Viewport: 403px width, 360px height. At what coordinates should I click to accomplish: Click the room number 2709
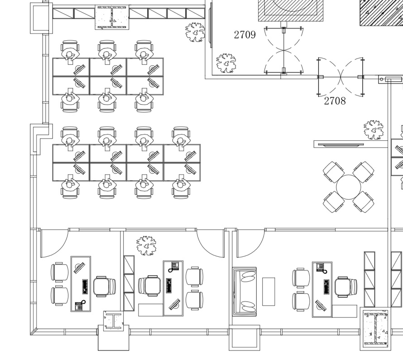[x=245, y=35]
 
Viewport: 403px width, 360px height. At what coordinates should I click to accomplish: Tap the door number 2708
[x=335, y=101]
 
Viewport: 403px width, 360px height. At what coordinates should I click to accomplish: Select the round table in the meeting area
[x=348, y=187]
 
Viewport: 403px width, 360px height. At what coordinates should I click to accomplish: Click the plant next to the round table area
[x=374, y=130]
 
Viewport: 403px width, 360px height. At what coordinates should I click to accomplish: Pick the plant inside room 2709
[x=226, y=63]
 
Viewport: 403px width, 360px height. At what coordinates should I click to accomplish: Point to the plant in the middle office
[x=146, y=245]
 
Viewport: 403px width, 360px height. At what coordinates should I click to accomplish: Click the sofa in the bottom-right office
[x=245, y=290]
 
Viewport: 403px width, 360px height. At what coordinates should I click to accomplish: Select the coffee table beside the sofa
[x=269, y=291]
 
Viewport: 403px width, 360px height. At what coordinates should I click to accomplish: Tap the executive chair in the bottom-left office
[x=105, y=287]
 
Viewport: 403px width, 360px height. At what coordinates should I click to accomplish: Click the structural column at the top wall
[x=112, y=18]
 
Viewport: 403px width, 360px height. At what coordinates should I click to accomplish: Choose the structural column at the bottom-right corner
[x=375, y=330]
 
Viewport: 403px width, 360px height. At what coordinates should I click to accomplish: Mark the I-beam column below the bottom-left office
[x=113, y=321]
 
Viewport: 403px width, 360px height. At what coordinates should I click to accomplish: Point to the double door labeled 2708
[x=341, y=77]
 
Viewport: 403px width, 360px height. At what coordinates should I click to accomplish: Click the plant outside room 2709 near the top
[x=195, y=33]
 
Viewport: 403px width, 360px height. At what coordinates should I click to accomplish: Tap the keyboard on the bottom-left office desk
[x=84, y=287]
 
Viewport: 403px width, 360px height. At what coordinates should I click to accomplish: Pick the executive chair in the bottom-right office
[x=345, y=287]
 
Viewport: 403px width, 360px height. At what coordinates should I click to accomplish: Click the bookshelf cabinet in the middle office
[x=129, y=283]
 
